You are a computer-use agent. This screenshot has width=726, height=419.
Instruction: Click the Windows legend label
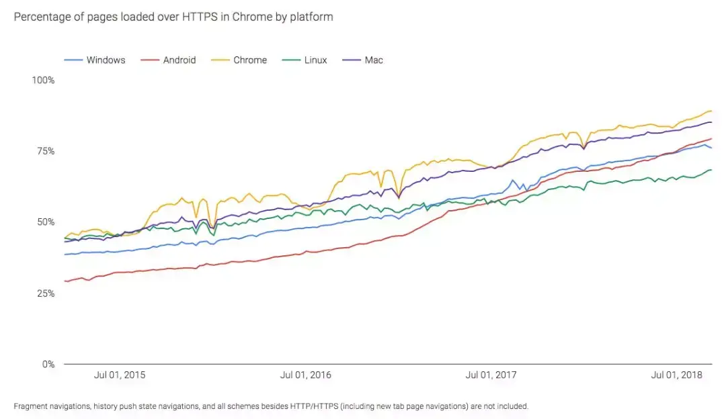[x=106, y=60]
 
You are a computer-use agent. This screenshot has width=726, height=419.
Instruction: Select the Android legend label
[x=179, y=60]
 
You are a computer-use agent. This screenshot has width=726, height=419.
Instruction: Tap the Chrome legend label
[x=250, y=60]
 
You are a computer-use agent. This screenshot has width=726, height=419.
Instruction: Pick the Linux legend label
[x=315, y=60]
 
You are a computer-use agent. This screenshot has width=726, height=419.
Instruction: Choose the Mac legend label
[x=374, y=60]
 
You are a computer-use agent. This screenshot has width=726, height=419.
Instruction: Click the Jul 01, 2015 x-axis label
[x=120, y=375]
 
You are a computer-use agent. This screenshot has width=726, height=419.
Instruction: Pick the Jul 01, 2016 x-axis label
[x=306, y=375]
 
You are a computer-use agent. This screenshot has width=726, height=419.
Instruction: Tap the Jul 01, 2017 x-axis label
[x=491, y=375]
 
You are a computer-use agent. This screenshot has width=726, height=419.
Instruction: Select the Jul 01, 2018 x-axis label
[x=677, y=375]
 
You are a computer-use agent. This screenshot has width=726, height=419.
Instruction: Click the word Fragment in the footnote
[x=30, y=406]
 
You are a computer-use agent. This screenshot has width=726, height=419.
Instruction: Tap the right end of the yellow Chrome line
[x=712, y=111]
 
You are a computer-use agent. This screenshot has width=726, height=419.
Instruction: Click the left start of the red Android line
[x=65, y=281]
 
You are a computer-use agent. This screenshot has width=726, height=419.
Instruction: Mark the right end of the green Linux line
[x=712, y=170]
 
